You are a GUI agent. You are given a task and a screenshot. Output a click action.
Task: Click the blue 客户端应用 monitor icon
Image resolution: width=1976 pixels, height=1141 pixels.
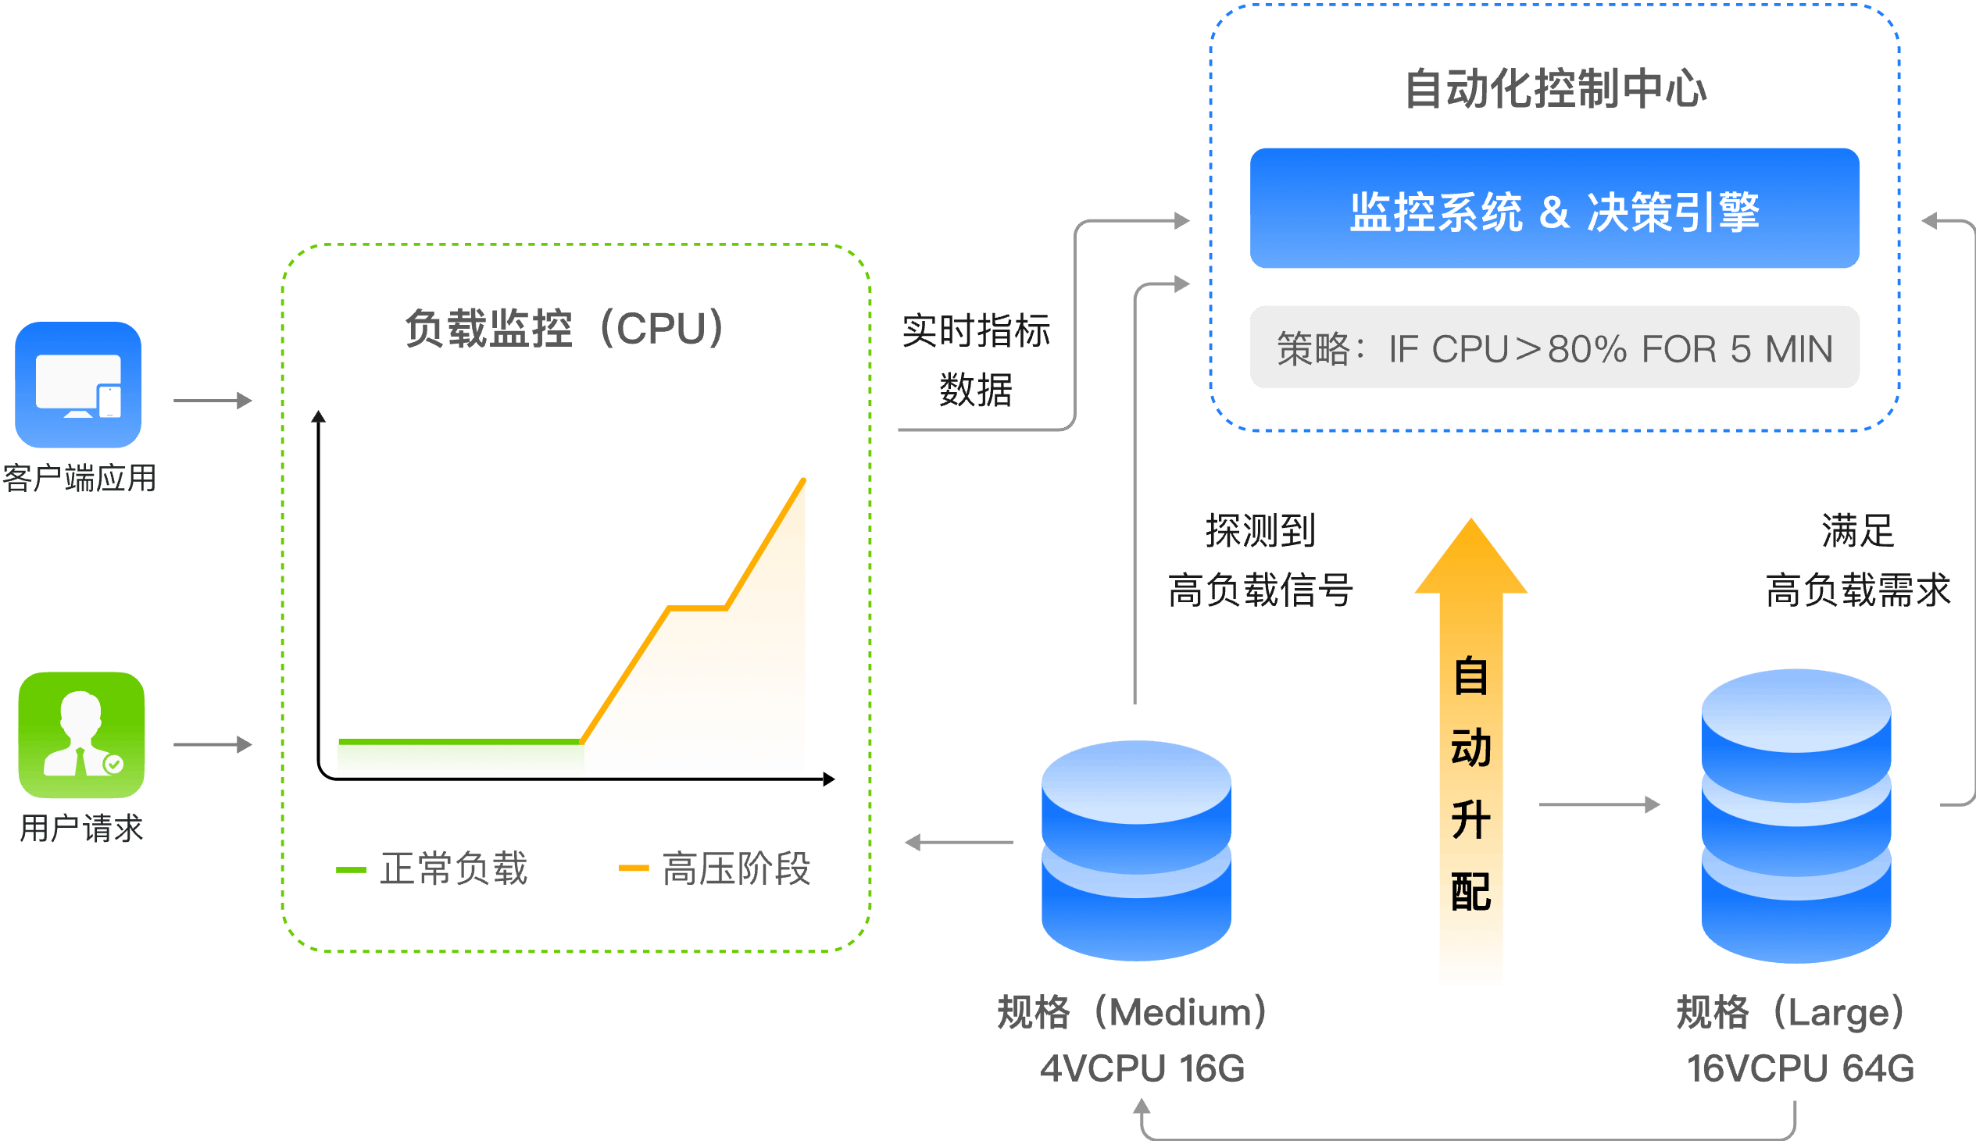pos(78,384)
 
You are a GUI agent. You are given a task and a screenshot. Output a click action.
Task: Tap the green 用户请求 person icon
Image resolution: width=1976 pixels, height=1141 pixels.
pos(81,734)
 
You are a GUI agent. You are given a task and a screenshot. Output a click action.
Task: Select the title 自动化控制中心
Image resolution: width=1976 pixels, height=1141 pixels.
pos(1555,87)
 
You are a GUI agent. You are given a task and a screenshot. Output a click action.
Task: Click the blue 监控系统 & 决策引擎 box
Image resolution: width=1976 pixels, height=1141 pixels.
pos(1554,209)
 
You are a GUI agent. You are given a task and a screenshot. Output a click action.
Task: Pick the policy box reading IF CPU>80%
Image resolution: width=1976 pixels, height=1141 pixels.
pos(1554,348)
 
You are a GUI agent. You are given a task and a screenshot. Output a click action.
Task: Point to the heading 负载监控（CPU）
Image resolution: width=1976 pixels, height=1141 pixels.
pos(564,328)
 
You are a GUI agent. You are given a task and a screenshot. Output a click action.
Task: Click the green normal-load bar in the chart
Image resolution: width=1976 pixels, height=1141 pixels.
pos(460,755)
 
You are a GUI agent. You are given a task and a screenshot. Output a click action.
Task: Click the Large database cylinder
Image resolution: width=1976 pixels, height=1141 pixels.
pos(1796,815)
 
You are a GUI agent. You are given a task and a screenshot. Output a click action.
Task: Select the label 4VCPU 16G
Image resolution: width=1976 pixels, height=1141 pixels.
pos(1142,1068)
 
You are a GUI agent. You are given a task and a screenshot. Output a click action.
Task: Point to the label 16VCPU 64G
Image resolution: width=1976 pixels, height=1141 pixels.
pos(1799,1068)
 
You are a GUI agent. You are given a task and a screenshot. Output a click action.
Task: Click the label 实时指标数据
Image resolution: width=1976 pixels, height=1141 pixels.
pos(976,359)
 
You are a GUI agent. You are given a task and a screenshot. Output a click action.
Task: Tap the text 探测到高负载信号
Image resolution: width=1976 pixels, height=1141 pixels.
pos(1260,560)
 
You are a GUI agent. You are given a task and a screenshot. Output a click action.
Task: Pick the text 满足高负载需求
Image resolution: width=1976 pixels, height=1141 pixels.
pos(1858,560)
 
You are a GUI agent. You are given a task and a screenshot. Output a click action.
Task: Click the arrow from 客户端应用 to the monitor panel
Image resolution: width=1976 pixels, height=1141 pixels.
pos(213,401)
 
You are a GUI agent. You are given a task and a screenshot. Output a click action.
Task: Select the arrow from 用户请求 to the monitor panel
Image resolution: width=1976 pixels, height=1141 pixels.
pos(213,743)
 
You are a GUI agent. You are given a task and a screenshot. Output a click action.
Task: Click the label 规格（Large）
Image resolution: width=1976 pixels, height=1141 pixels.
pos(1791,1011)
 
